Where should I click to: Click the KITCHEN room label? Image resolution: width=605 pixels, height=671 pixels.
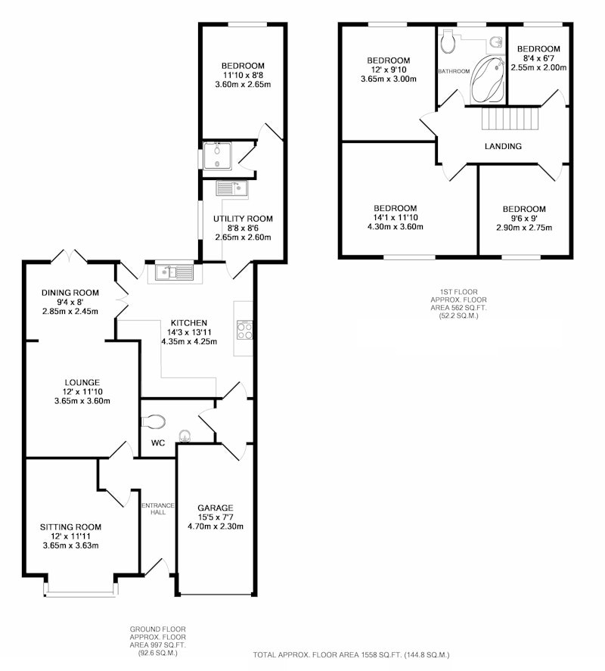(x=189, y=323)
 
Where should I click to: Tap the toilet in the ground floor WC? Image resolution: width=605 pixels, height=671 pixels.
(x=154, y=421)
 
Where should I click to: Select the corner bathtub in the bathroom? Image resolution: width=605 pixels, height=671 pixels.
(x=488, y=79)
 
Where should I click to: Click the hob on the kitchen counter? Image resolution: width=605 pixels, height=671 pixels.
(x=244, y=330)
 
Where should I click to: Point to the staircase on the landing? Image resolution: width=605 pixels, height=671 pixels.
(x=509, y=118)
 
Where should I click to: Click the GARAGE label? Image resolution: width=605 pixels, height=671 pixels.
(x=216, y=508)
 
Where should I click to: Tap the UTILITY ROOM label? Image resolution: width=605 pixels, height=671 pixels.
(x=243, y=219)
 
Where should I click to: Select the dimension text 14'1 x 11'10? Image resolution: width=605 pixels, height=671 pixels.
(x=396, y=217)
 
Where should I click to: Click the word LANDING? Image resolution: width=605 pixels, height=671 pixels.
(x=503, y=146)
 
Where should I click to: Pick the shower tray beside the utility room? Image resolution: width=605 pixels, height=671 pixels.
(x=217, y=156)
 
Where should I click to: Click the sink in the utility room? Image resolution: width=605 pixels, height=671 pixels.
(x=231, y=188)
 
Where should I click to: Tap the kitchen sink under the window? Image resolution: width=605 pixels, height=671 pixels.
(x=175, y=272)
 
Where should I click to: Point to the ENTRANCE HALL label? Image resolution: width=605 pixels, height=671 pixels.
(x=158, y=508)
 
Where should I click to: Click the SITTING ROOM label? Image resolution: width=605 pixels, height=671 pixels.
(x=70, y=527)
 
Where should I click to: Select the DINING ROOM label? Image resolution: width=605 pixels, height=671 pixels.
(x=70, y=293)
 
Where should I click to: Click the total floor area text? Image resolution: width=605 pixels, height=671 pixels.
(x=351, y=655)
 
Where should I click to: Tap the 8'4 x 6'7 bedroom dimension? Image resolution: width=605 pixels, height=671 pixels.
(x=538, y=58)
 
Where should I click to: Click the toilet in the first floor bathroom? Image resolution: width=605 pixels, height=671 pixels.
(x=448, y=42)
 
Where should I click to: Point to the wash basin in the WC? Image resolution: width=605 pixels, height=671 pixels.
(x=185, y=436)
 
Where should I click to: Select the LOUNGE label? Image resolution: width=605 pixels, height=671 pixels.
(x=82, y=383)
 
